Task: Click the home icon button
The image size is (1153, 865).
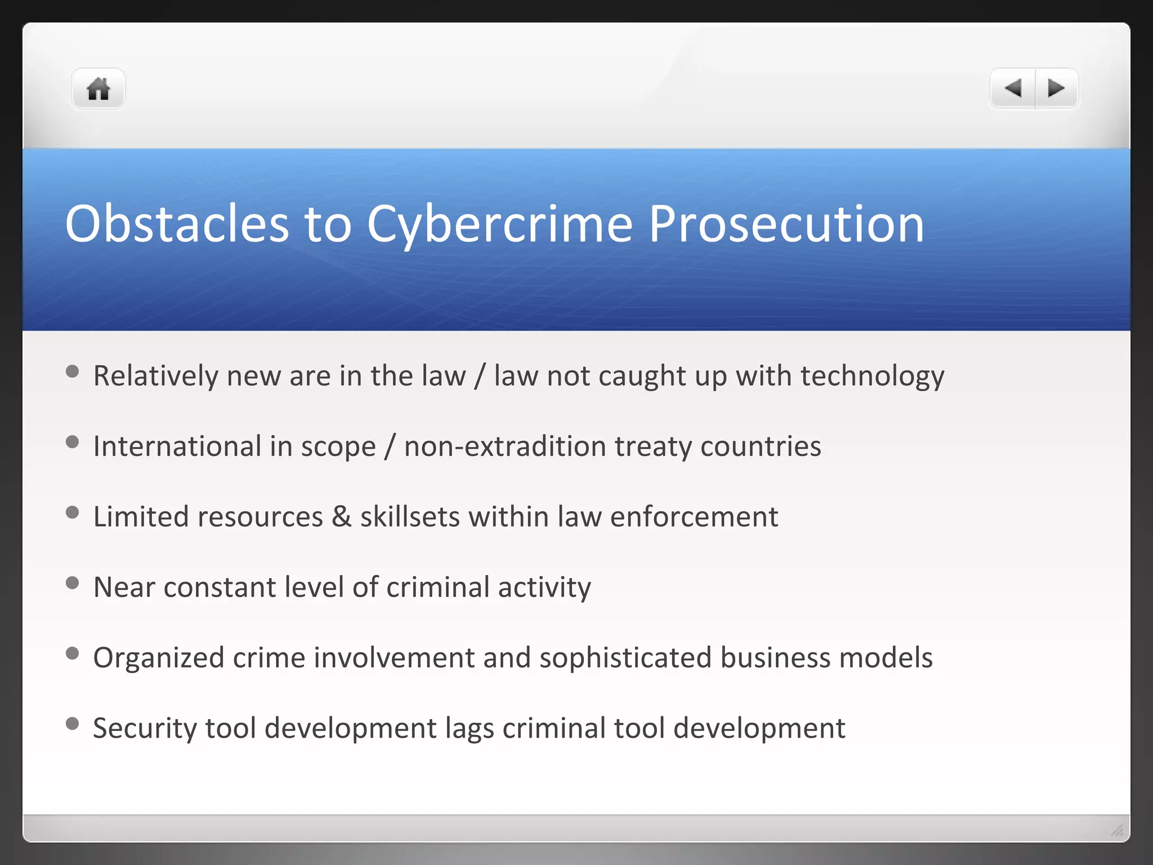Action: coord(98,89)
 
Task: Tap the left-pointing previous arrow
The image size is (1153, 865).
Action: coord(1013,88)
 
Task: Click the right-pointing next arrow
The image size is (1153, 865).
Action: coord(1056,88)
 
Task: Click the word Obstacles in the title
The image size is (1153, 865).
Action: coord(177,224)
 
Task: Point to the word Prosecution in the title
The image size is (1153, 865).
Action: coord(786,224)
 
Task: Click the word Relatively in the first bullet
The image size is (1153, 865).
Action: coord(155,376)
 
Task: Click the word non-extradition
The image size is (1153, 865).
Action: coord(505,446)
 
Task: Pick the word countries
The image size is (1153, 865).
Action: coord(761,446)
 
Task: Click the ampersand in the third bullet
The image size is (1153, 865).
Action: coord(342,516)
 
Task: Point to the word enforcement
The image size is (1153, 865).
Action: coord(694,516)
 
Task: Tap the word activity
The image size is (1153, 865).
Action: coord(544,588)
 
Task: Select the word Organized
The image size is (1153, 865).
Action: coord(159,658)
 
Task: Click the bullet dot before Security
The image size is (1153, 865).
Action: coord(72,723)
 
